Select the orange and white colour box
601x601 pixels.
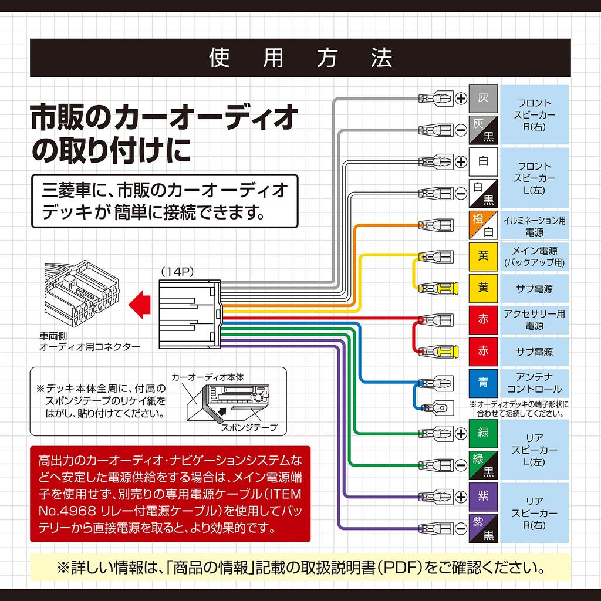(483, 225)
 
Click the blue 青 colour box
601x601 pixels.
(483, 383)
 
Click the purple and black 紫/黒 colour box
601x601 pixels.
(483, 528)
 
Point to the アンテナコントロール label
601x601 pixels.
(534, 383)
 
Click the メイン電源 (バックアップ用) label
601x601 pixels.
(534, 257)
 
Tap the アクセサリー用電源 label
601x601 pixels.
(534, 320)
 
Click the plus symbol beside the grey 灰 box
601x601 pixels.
(461, 99)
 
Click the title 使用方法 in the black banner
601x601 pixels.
(300, 58)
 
